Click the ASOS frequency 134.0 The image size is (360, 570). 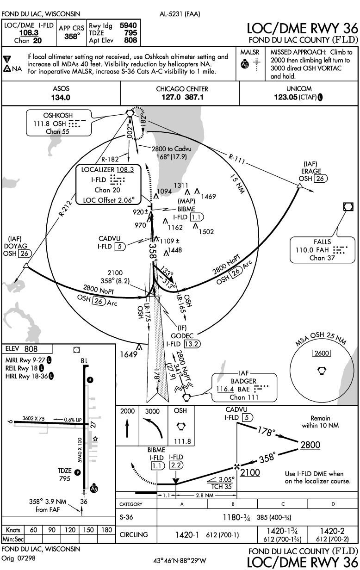[x=61, y=98]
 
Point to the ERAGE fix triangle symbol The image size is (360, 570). [x=299, y=186]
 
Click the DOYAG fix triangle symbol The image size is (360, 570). [x=26, y=265]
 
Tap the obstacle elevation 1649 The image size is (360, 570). [x=129, y=354]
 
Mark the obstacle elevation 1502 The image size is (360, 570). [x=206, y=232]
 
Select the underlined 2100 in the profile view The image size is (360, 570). [x=250, y=473]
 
